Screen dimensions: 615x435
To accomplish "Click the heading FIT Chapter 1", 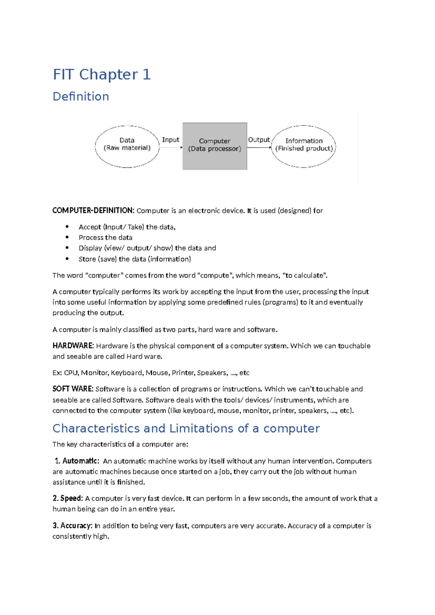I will click(x=101, y=74).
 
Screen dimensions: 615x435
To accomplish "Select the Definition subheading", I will click(x=81, y=96).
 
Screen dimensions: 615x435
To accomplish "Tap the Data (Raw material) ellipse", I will click(x=127, y=146).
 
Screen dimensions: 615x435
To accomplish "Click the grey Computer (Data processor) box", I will click(x=215, y=146).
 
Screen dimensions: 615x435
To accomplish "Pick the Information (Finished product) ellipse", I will click(x=304, y=146).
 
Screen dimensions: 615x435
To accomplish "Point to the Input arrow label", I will click(x=170, y=140).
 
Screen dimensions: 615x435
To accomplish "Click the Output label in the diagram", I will click(x=259, y=140).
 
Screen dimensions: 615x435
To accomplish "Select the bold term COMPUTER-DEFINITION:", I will click(x=93, y=211).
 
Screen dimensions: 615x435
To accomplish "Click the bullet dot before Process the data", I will click(x=67, y=237).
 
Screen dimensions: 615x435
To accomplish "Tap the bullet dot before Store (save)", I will click(x=67, y=259).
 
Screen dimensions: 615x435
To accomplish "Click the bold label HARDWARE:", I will click(x=73, y=346).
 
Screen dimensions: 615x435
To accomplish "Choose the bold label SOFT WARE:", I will click(x=73, y=389).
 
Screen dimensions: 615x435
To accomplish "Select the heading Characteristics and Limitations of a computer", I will click(x=186, y=428).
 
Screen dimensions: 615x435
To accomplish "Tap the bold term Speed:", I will click(x=71, y=499).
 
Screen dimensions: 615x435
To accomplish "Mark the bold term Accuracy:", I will click(x=76, y=526).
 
